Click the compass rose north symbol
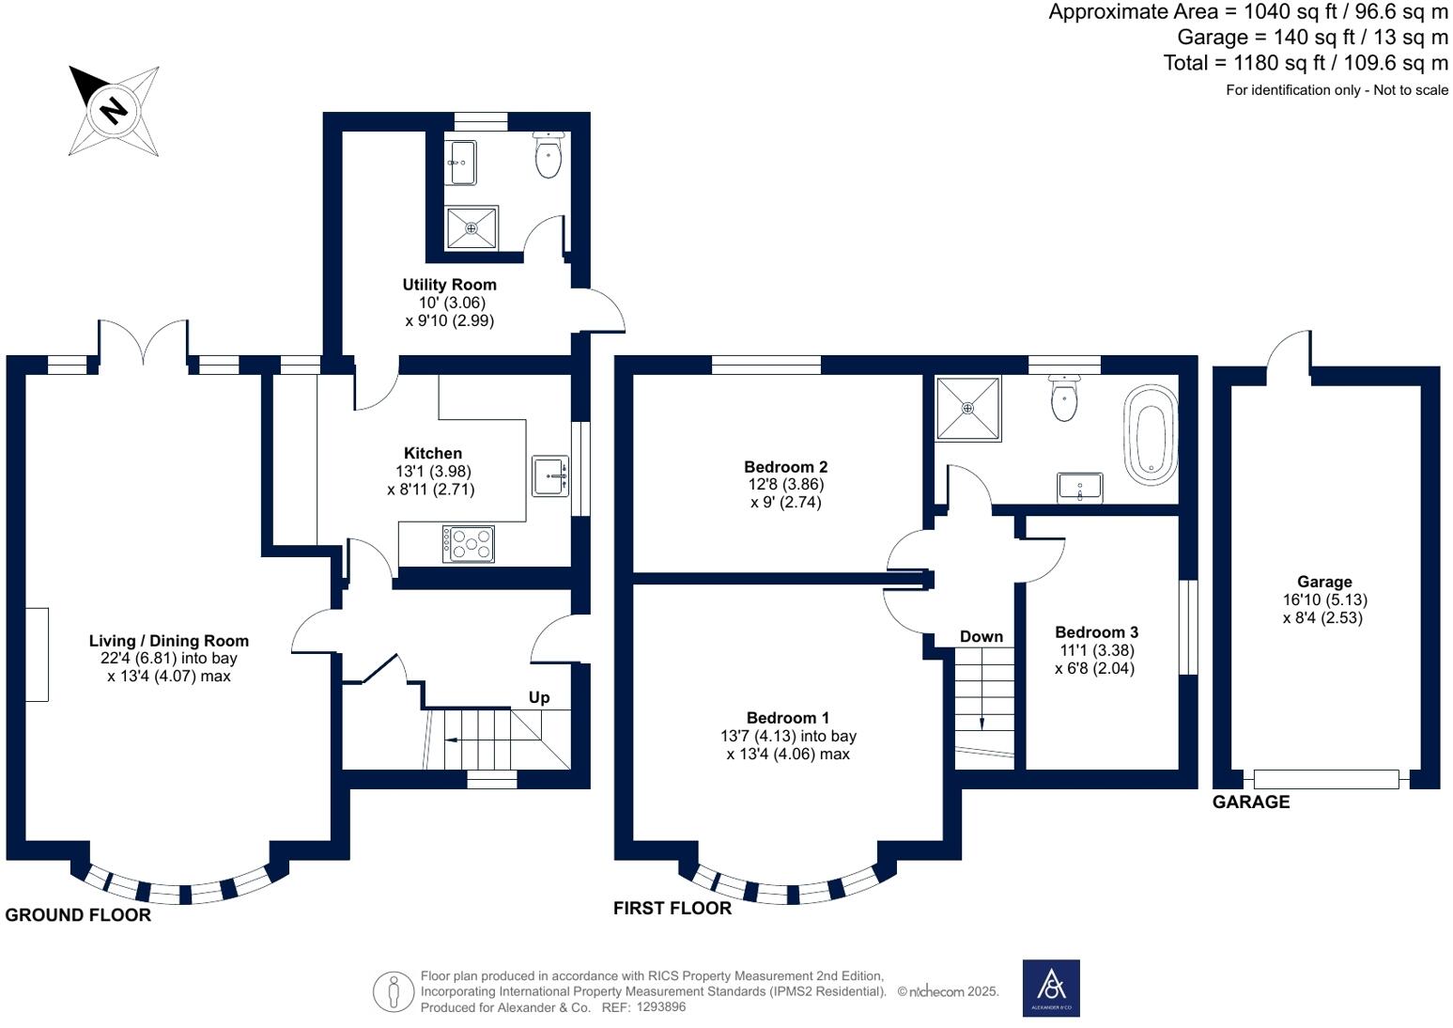114,110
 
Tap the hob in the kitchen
469,544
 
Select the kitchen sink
550,475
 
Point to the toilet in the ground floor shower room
549,155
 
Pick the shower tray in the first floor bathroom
967,408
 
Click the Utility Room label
449,285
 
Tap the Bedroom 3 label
1096,632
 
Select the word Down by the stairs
982,637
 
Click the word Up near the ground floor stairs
539,697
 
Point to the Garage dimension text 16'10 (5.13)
1324,600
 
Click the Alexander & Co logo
1051,988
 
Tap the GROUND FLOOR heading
78,915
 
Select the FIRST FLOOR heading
672,908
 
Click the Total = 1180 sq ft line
1306,63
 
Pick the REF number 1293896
661,1006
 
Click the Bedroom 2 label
785,467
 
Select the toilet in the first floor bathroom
1064,399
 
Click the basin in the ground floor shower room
461,164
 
